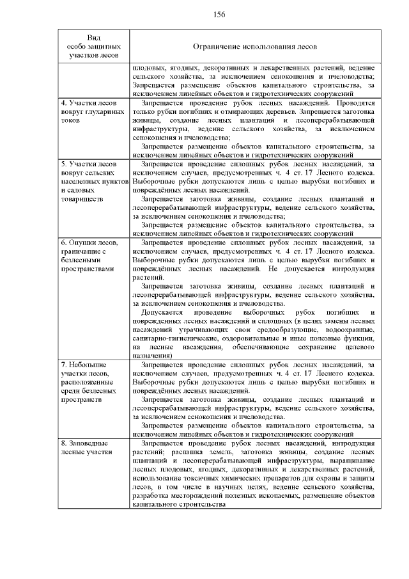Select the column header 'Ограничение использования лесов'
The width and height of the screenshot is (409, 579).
coord(255,47)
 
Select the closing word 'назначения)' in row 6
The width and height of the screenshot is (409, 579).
coord(153,355)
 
